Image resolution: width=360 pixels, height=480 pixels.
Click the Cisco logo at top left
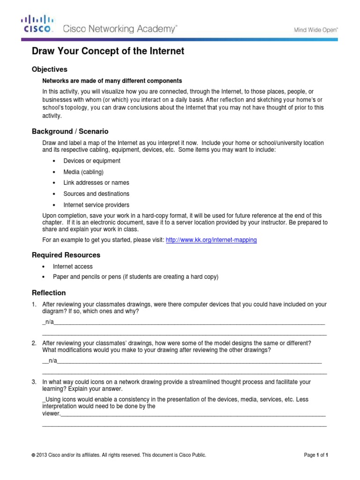(37, 24)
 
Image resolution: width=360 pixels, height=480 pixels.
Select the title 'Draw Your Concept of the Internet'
(107, 51)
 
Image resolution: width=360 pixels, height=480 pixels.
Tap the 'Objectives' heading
(49, 69)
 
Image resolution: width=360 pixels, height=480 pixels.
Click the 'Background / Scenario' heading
(70, 131)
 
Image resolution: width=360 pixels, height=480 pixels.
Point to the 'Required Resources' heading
(66, 255)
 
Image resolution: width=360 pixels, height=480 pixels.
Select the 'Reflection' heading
(48, 293)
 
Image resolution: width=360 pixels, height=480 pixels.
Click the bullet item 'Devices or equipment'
(92, 161)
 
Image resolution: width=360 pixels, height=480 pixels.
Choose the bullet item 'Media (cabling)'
(83, 172)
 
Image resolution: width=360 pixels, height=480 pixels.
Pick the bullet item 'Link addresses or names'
(96, 183)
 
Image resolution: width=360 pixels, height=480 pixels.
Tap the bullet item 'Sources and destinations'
(96, 194)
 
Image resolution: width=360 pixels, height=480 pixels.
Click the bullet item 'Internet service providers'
(96, 205)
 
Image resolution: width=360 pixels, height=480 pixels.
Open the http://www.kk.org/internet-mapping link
(211, 240)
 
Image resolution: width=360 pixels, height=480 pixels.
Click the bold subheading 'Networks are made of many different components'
(112, 81)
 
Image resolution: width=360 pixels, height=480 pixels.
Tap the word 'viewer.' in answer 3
(51, 414)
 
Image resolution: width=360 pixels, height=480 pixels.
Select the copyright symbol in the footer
(33, 455)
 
